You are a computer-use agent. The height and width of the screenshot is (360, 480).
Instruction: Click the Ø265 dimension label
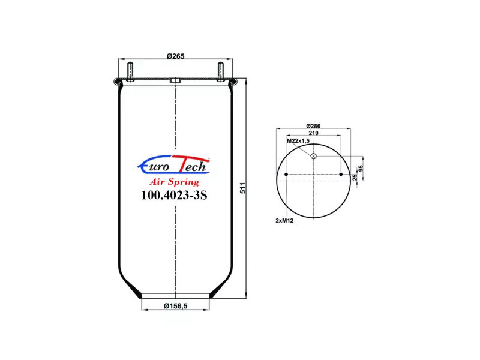coord(175,56)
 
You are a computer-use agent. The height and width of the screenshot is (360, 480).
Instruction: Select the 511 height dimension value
coord(243,188)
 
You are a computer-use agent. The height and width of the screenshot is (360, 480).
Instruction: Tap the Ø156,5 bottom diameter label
coord(175,306)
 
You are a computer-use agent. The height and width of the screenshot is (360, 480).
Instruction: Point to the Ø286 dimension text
coord(313,126)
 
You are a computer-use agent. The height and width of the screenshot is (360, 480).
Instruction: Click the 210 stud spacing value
coord(313,133)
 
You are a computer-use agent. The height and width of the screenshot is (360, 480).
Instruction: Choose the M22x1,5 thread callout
coord(298,141)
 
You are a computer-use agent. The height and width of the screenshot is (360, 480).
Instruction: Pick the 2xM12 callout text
coord(284,220)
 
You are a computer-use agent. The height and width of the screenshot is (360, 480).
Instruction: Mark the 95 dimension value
coord(361,169)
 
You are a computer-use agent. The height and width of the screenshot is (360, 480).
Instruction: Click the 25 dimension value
coord(355,177)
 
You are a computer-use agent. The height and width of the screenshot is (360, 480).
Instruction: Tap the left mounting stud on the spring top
coord(130,72)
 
